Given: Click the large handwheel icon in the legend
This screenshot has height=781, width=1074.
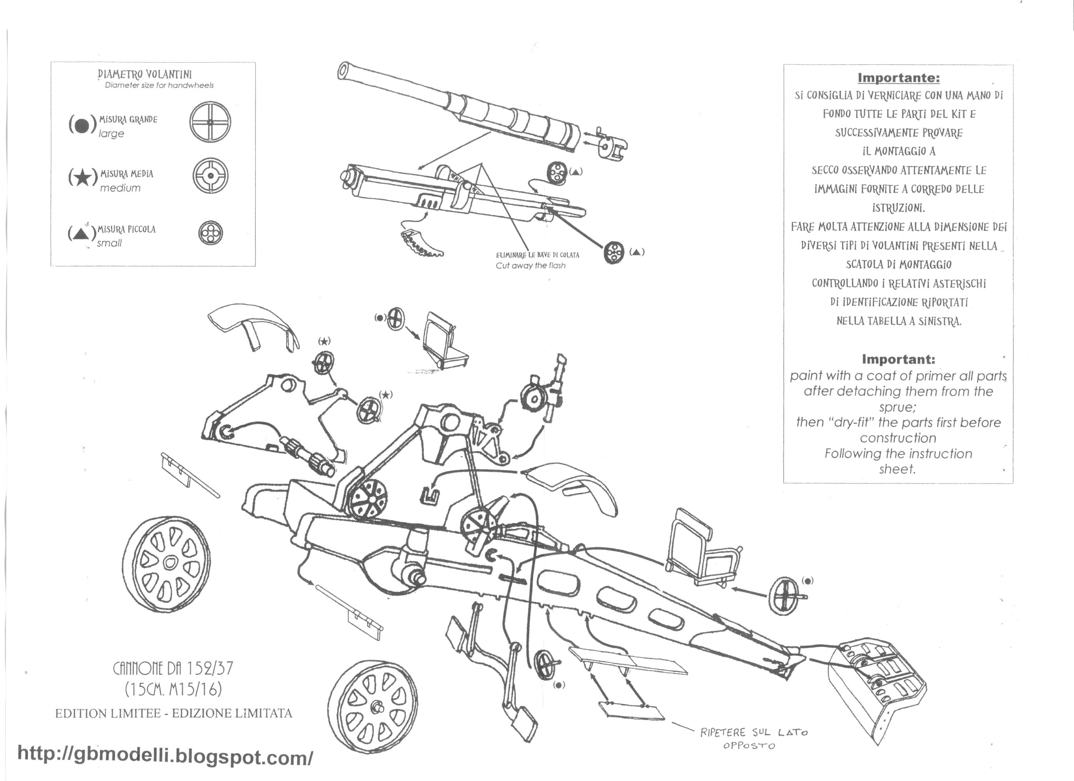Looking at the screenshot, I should pos(210,122).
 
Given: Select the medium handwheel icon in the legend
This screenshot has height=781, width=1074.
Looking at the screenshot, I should pos(210,175).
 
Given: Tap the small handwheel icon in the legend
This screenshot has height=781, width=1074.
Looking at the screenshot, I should pos(210,233).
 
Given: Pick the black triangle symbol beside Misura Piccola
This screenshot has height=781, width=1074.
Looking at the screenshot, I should pos(80,233).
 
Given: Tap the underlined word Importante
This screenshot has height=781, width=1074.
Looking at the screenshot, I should pos(898,78).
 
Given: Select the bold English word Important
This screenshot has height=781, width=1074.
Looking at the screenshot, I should pos(898,359).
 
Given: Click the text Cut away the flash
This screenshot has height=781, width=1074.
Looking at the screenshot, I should pos(531,266).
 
